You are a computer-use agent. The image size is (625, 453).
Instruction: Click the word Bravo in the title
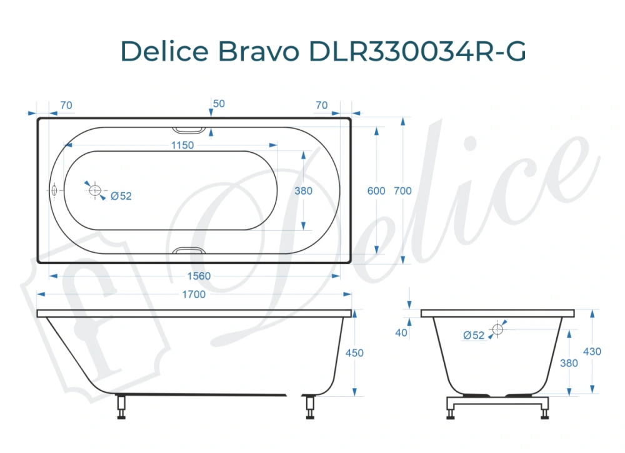[258, 52]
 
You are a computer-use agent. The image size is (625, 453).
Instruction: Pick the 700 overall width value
[402, 191]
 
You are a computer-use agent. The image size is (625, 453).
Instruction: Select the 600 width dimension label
[376, 191]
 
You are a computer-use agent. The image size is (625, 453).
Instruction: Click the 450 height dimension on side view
[354, 353]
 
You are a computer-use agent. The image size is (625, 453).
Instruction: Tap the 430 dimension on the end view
[592, 351]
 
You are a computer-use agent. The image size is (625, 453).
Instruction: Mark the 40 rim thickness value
[401, 333]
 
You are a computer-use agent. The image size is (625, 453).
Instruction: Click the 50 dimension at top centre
[219, 104]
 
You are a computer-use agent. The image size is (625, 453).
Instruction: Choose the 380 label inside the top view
[303, 191]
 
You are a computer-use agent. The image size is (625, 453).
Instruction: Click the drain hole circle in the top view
[96, 191]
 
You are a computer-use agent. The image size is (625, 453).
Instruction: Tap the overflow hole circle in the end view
[497, 329]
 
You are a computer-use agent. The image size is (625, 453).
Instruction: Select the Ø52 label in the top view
[121, 196]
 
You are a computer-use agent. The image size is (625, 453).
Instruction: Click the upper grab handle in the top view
[188, 130]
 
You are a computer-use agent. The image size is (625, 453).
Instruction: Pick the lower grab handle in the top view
[188, 251]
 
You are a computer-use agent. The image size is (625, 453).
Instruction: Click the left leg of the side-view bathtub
[121, 407]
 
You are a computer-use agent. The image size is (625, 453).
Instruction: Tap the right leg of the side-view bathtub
[309, 407]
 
